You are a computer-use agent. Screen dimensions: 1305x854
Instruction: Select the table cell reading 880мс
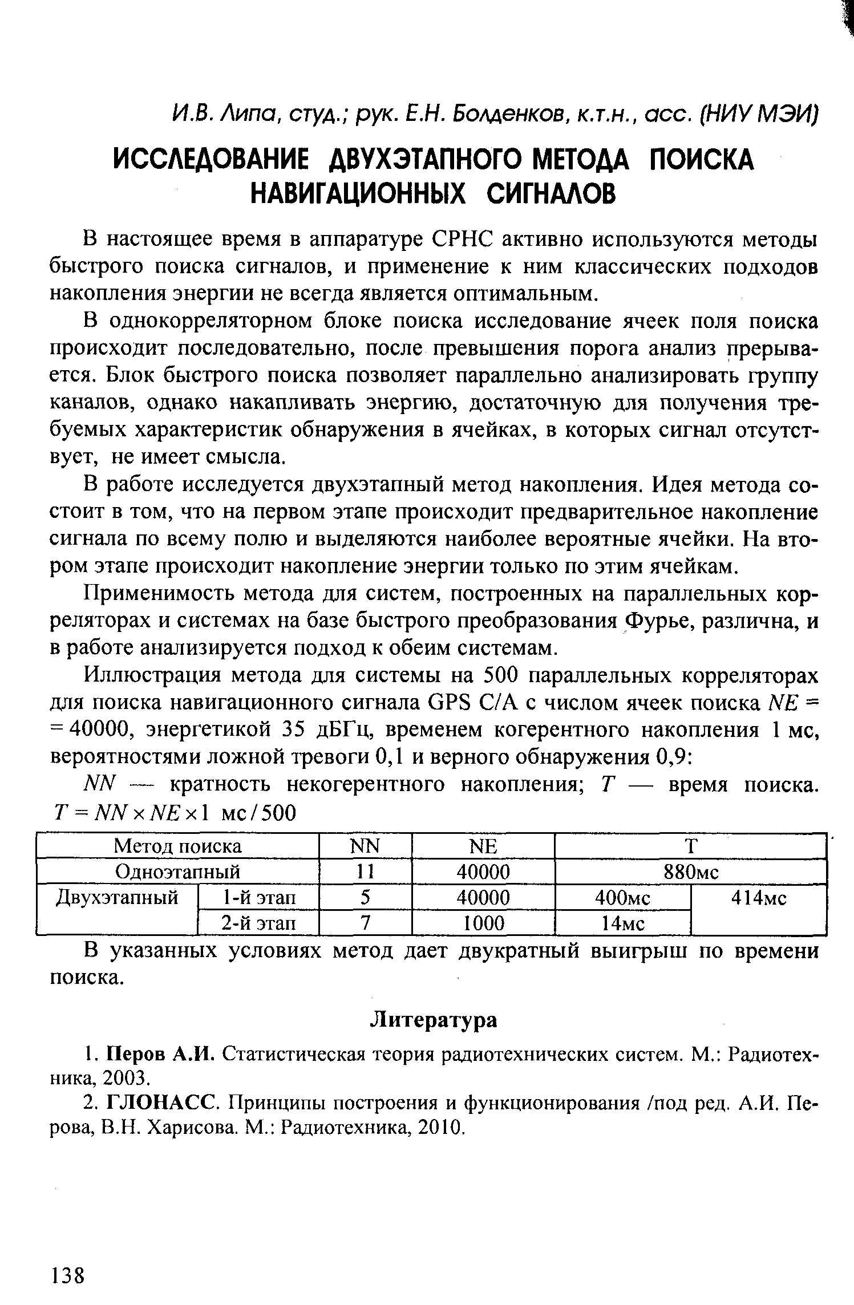[690, 871]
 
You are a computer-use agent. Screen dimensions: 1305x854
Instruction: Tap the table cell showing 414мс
[759, 898]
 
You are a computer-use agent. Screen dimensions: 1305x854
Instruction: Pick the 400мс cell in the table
[622, 898]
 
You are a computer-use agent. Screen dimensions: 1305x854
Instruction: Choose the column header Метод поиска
[177, 846]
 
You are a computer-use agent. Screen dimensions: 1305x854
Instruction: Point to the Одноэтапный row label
[177, 872]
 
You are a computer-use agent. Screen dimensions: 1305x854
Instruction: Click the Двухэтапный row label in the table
[117, 898]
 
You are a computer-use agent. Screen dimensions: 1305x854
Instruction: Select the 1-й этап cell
[258, 898]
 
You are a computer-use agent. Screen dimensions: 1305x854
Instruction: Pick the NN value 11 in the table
[365, 872]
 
